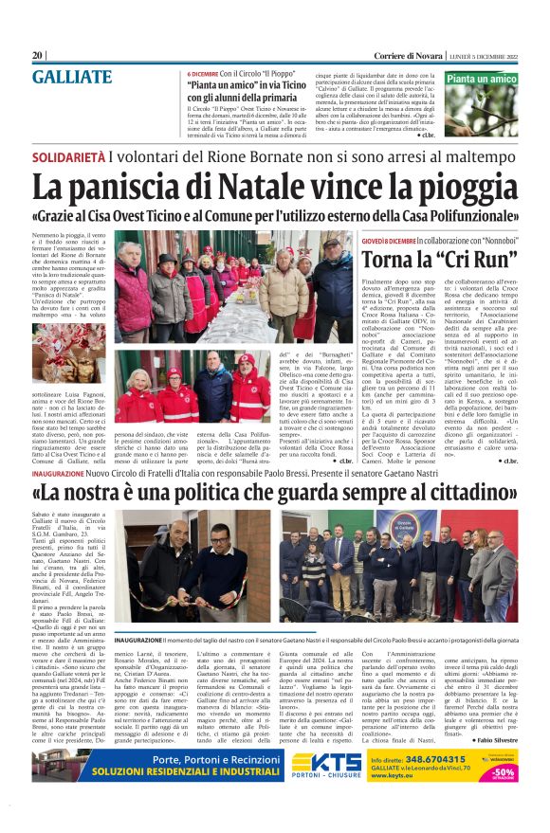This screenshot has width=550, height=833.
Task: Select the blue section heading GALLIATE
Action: click(71, 77)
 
